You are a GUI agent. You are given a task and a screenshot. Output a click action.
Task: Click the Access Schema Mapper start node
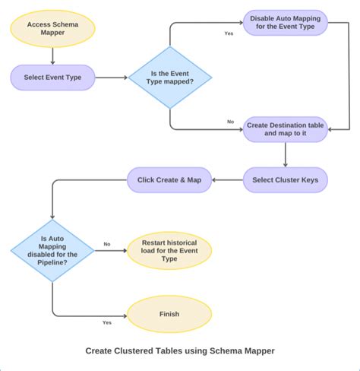click(x=52, y=28)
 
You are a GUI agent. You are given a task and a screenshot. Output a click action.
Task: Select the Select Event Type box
click(x=52, y=77)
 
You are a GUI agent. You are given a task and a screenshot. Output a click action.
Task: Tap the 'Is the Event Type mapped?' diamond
click(x=169, y=77)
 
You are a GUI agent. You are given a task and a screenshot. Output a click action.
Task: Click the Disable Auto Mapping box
click(x=285, y=23)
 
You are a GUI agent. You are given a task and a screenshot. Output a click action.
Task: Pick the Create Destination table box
click(x=285, y=128)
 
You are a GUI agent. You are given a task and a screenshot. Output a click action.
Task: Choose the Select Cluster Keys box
click(x=285, y=179)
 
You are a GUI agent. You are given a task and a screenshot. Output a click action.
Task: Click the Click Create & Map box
click(x=169, y=179)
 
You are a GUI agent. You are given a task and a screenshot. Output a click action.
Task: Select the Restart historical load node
click(x=169, y=251)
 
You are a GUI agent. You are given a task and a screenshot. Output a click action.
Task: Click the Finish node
click(x=169, y=314)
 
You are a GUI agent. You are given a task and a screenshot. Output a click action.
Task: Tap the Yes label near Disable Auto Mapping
click(x=229, y=33)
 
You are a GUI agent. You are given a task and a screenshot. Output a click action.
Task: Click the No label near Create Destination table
click(x=230, y=122)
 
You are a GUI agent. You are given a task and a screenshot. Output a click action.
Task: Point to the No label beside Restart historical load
click(x=107, y=244)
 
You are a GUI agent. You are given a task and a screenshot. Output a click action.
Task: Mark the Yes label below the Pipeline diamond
click(x=107, y=322)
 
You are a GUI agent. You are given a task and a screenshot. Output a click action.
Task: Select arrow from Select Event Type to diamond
click(x=111, y=77)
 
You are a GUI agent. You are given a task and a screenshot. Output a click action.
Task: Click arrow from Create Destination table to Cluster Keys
click(x=285, y=154)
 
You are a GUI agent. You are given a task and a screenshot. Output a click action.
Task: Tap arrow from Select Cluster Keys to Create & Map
click(x=227, y=179)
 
